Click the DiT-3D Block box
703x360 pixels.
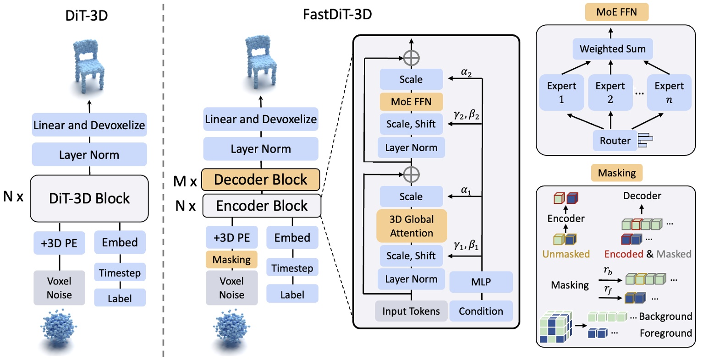point(89,198)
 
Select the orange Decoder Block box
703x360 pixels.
point(260,180)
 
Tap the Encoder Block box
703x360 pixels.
point(262,206)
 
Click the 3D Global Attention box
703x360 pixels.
point(411,226)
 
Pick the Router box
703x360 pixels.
point(615,141)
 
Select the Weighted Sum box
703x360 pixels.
point(612,49)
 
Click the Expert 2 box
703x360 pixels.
point(610,93)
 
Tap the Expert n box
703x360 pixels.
point(669,93)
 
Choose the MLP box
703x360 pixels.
point(481,282)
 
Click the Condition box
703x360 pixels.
point(481,311)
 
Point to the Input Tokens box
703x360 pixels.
point(411,311)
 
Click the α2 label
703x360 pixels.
point(466,72)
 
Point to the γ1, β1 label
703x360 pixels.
point(466,245)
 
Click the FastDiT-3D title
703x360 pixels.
point(337,14)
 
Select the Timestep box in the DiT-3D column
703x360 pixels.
point(120,273)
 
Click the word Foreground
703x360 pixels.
point(665,333)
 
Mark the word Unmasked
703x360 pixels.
point(566,254)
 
